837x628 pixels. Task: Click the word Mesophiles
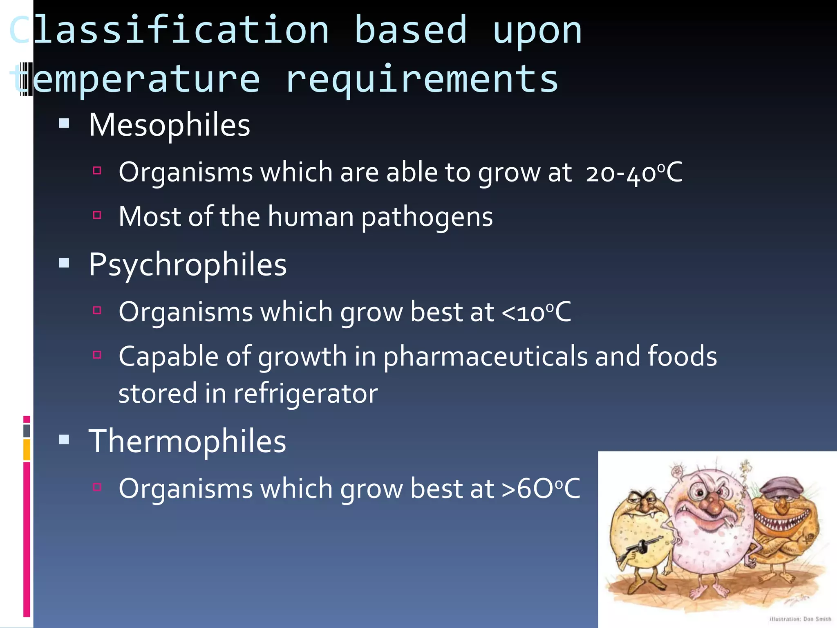pos(169,125)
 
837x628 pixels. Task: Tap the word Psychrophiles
pos(188,265)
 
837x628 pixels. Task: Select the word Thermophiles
pos(187,442)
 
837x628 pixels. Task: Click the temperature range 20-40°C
pos(634,173)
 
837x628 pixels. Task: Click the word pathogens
pos(427,217)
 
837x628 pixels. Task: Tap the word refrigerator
pos(306,394)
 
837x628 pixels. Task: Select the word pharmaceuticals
pos(486,357)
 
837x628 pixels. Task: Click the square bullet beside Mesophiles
pos(64,123)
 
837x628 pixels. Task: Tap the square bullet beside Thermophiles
pos(64,440)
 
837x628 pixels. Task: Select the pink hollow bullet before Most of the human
pos(97,215)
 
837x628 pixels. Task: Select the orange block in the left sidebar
pos(27,449)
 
